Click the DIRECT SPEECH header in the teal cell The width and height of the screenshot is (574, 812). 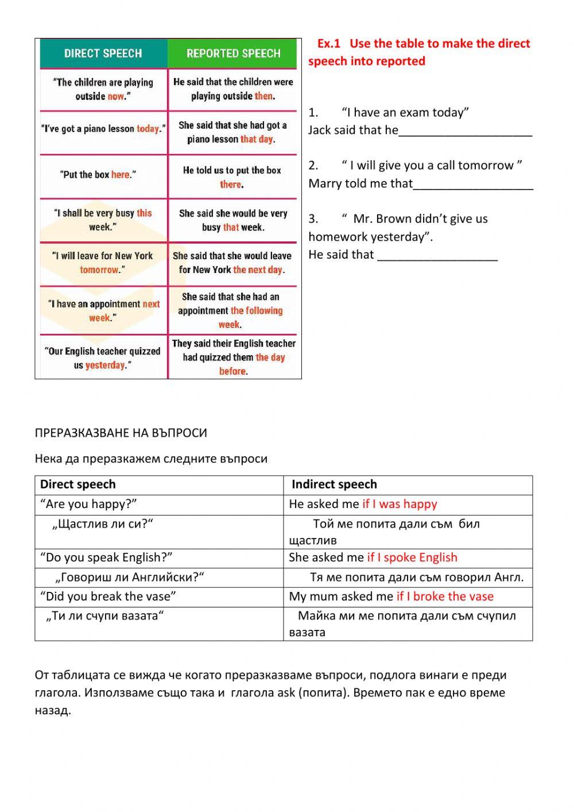[103, 53]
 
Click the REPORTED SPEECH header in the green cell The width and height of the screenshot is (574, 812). [233, 53]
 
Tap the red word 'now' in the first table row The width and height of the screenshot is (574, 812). [116, 97]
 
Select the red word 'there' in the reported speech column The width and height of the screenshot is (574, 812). [231, 184]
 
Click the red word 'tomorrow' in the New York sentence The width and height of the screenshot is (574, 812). [99, 270]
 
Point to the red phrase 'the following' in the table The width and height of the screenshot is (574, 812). [257, 311]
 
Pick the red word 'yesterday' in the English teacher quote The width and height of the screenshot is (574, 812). [105, 365]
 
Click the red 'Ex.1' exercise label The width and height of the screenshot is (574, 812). [329, 44]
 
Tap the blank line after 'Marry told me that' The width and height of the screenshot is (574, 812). [473, 184]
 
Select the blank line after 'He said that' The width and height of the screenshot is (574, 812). [437, 255]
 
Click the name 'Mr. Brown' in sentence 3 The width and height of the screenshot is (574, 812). [380, 219]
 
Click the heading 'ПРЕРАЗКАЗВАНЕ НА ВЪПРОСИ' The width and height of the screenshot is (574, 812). [121, 433]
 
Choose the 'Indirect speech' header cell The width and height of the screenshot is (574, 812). [334, 484]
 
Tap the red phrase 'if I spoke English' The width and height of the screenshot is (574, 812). [412, 557]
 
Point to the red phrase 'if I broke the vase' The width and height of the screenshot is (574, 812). [445, 597]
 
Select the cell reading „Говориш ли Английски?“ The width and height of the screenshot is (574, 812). [130, 578]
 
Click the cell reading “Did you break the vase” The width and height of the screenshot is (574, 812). [108, 597]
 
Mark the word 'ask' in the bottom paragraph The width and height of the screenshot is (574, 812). [286, 692]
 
